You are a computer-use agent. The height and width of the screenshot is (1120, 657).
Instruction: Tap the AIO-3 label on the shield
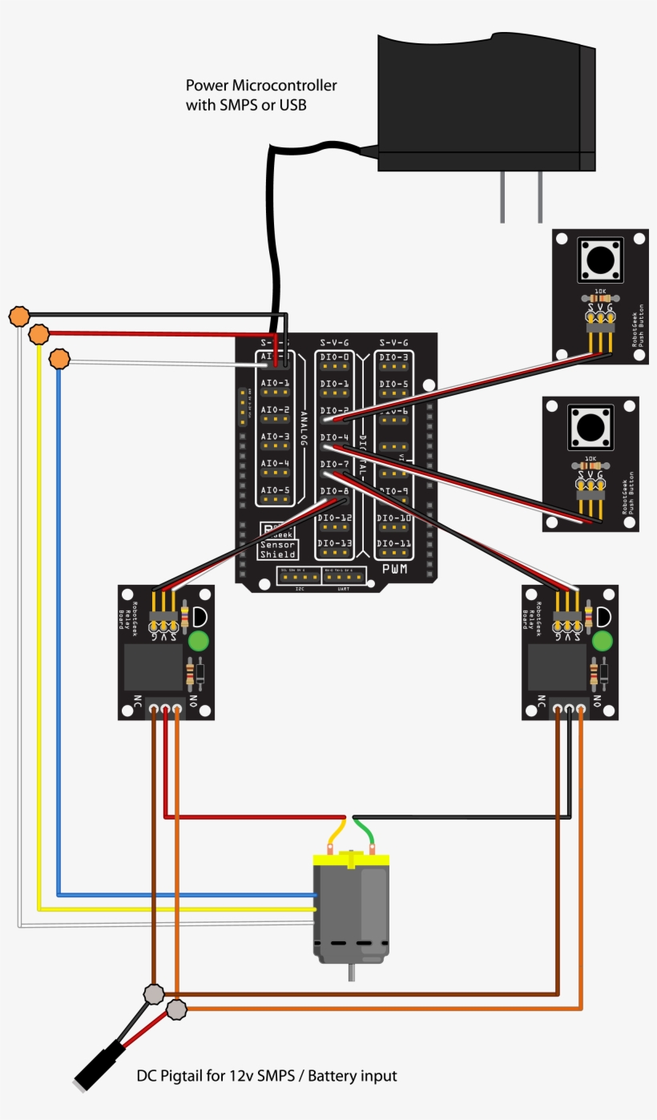tap(275, 437)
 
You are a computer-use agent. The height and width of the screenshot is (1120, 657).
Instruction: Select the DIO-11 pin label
tap(395, 543)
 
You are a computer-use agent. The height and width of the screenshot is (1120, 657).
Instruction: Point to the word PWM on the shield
tap(395, 570)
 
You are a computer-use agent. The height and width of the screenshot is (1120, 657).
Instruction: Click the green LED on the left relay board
tap(198, 641)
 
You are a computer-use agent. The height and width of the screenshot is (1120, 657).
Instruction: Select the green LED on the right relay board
tap(602, 641)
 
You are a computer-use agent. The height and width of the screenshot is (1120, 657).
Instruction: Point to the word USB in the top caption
tap(292, 105)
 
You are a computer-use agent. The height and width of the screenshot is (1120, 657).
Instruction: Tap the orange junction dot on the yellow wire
tap(38, 333)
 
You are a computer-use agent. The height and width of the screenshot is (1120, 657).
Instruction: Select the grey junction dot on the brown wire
tap(154, 994)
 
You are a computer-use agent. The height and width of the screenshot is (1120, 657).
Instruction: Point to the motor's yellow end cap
tap(350, 859)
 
